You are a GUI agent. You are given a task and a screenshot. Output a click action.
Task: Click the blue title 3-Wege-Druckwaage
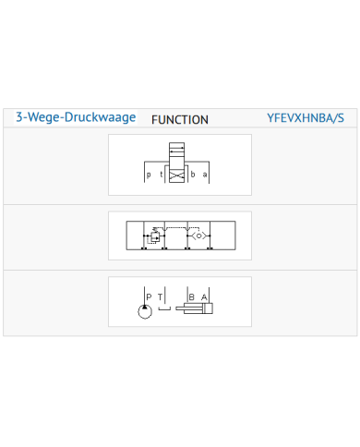tap(76, 117)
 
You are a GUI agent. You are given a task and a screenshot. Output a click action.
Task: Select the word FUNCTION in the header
tap(180, 120)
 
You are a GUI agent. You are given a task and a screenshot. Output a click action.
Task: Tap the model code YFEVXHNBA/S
tap(306, 118)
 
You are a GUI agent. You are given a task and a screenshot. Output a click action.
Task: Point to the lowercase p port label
tap(149, 175)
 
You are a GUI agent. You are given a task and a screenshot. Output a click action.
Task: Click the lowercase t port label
tap(161, 175)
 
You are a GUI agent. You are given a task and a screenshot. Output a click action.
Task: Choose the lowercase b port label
tap(193, 175)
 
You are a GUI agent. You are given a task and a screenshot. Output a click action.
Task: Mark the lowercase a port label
tap(205, 175)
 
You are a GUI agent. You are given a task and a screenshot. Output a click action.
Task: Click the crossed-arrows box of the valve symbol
tap(177, 175)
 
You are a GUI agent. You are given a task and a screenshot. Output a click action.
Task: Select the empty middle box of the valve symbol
tap(177, 162)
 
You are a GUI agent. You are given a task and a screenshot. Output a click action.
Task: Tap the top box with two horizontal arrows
tap(177, 149)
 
